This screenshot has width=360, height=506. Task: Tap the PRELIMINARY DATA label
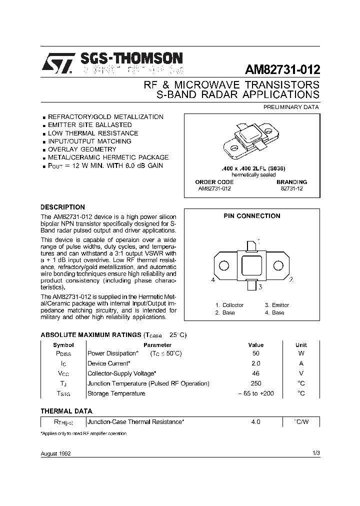[291, 107]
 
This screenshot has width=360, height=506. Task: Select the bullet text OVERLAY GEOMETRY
[81, 149]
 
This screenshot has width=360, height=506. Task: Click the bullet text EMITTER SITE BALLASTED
[89, 125]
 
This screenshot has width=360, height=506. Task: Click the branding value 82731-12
[291, 188]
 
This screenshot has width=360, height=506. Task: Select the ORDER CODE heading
[214, 182]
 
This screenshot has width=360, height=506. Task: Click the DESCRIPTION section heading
[62, 207]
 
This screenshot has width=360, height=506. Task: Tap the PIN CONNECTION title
[251, 216]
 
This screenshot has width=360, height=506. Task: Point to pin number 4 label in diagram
[213, 280]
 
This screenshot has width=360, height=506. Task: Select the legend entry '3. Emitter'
[276, 305]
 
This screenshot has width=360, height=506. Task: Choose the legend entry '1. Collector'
[229, 305]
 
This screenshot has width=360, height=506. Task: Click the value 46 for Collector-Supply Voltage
[255, 373]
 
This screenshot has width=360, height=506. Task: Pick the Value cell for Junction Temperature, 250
[255, 383]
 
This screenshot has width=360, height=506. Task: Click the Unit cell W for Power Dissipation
[301, 353]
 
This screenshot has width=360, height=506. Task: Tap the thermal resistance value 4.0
[255, 422]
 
